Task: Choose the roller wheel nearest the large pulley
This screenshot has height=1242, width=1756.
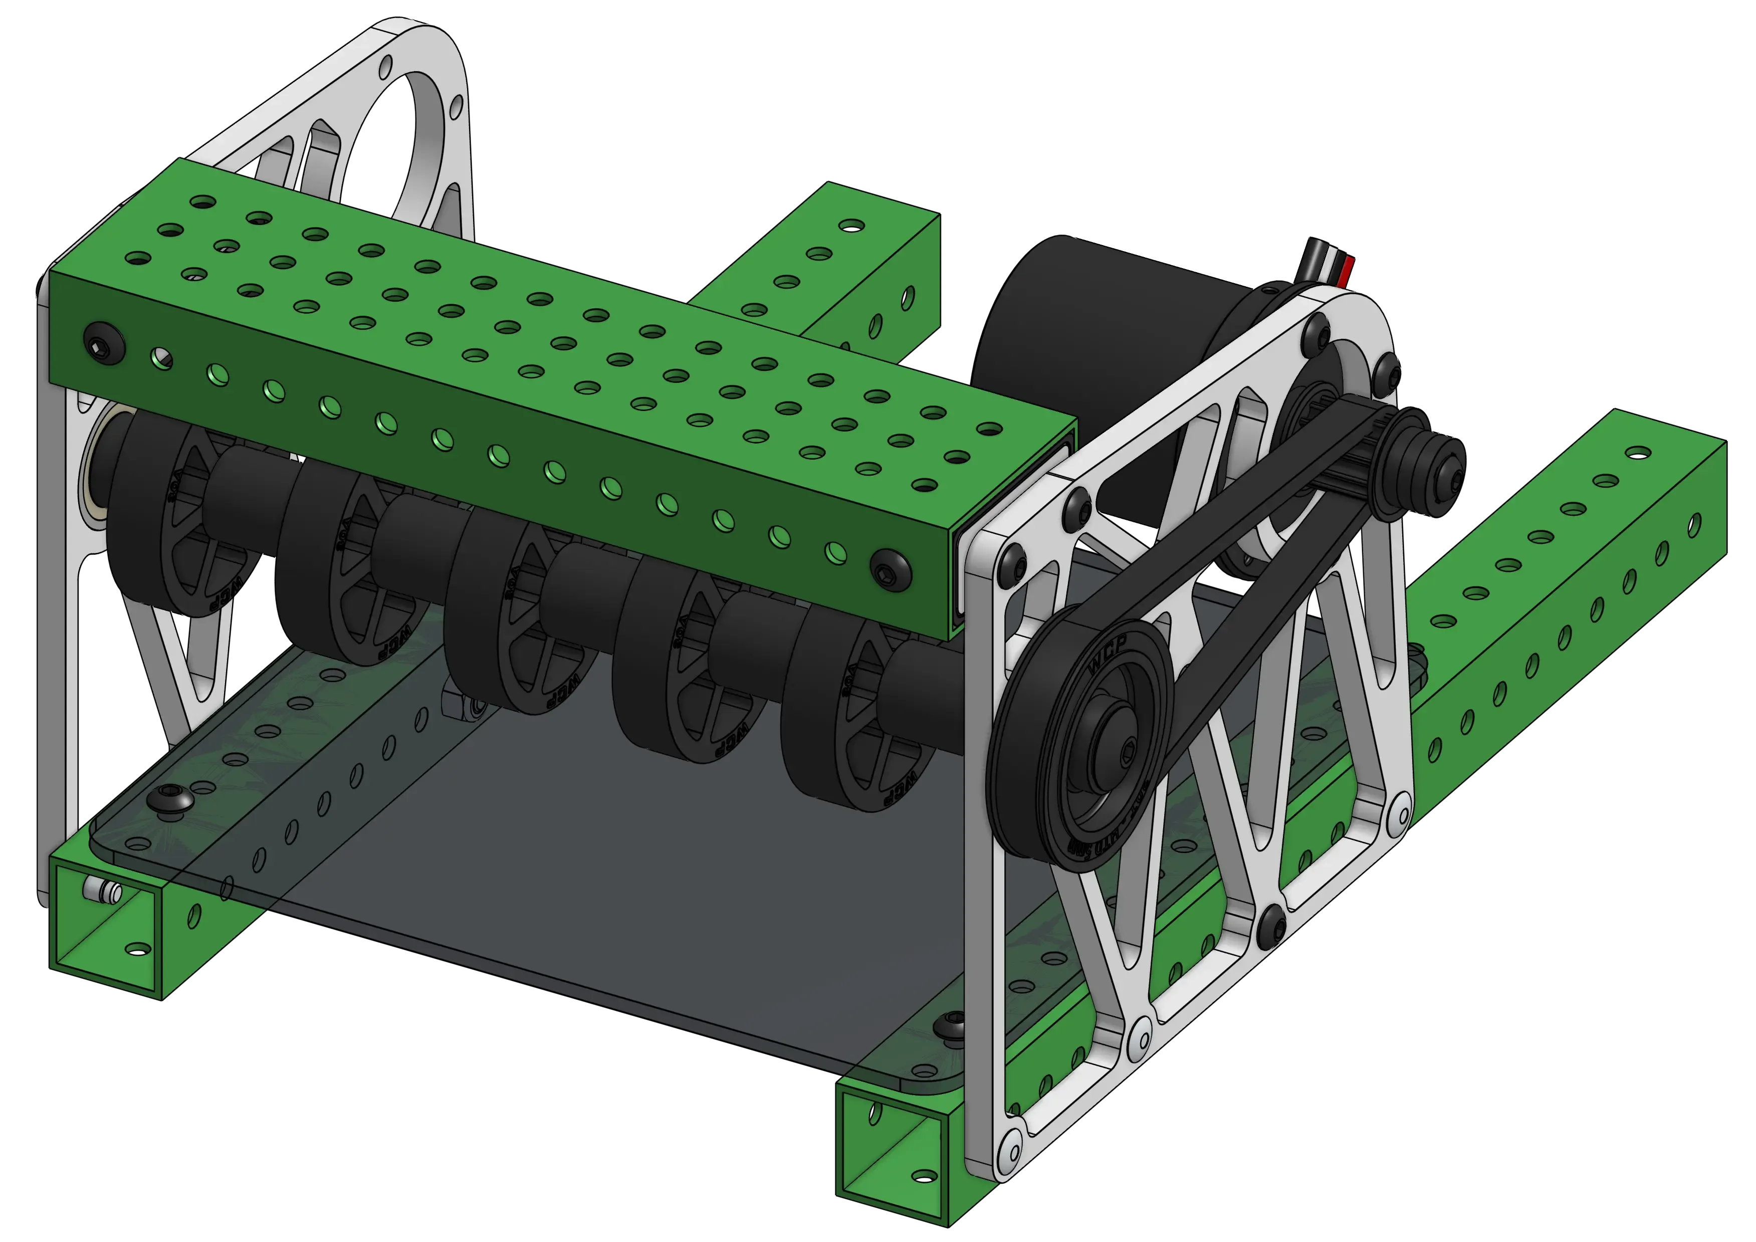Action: tap(856, 734)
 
